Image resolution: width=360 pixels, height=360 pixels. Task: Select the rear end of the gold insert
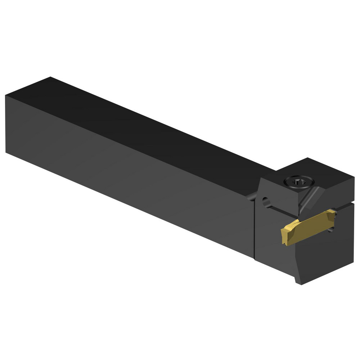coord(333,215)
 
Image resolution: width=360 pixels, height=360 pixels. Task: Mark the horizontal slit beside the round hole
coord(284,209)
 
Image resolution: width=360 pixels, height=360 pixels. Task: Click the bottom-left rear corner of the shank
coord(6,153)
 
